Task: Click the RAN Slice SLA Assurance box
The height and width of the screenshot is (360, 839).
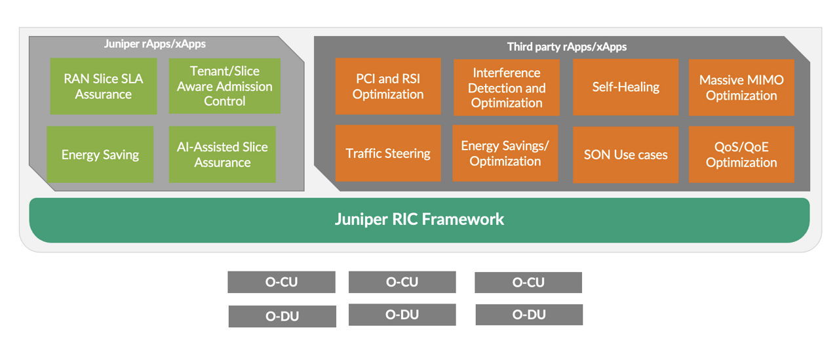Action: pos(103,87)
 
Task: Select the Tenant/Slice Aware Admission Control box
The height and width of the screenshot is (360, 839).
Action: pos(224,86)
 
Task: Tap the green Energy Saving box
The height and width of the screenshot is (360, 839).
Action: pos(100,155)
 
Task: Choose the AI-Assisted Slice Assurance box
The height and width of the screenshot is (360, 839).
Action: pos(222,155)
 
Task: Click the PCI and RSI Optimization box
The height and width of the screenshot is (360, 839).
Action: pos(388,87)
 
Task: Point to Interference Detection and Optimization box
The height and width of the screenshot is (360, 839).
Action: pos(507,87)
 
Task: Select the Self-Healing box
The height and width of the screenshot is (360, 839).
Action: pos(625,87)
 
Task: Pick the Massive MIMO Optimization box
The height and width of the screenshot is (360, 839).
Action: pos(741,87)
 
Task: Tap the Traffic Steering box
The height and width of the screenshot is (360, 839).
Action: pos(388,153)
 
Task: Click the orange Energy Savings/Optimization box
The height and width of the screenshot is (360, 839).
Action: pos(505,153)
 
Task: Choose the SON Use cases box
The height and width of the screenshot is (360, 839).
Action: pos(625,155)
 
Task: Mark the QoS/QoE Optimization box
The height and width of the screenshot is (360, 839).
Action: pos(741,155)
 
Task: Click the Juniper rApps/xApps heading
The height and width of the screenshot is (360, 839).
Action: pos(155,45)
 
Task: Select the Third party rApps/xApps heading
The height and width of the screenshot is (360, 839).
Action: pos(567,47)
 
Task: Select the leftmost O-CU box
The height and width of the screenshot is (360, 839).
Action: pos(281,282)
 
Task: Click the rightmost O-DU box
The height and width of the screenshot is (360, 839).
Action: pos(529,315)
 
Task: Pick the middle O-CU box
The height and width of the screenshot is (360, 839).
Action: pos(402,282)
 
